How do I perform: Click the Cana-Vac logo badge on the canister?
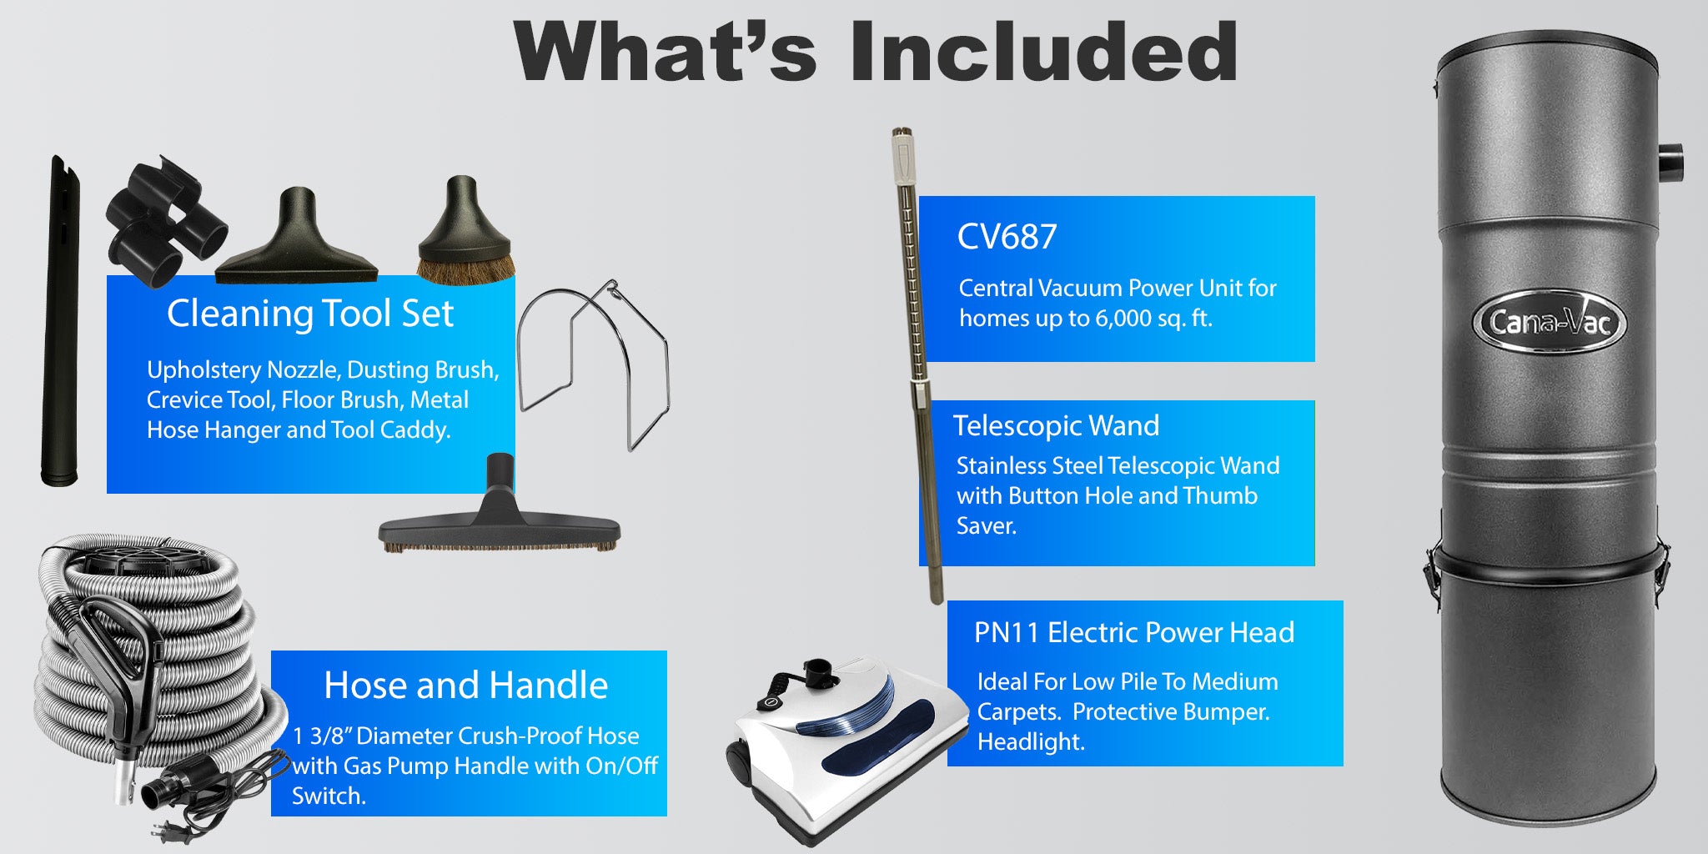(1549, 321)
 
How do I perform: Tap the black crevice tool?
(60, 320)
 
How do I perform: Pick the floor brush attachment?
(500, 509)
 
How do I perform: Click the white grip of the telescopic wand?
(903, 158)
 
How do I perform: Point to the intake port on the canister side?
(1669, 163)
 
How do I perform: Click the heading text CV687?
(1007, 237)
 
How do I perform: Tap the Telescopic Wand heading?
(1056, 425)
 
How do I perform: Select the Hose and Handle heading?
(465, 685)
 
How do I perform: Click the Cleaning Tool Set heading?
(310, 314)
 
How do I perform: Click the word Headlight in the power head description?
(1031, 741)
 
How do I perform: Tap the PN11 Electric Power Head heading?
(1134, 632)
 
